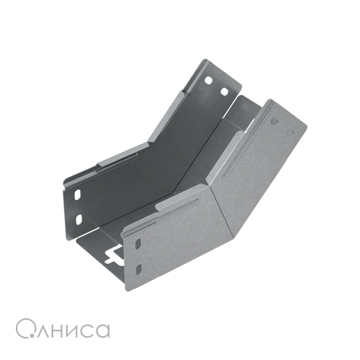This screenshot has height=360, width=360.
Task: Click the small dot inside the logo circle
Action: pos(30,336)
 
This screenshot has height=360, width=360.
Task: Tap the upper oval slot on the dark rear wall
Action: pos(78,194)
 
